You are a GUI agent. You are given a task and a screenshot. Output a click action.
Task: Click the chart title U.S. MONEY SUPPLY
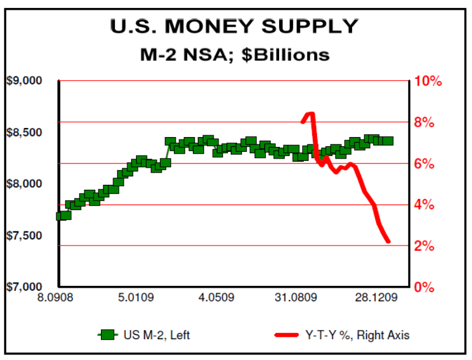233,26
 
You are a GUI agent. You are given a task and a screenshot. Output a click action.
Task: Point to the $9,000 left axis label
24,81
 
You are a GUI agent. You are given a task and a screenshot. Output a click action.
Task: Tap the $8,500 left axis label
24,133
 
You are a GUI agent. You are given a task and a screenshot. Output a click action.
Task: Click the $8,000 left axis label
24,184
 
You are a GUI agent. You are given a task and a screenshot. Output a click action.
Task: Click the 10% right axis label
428,81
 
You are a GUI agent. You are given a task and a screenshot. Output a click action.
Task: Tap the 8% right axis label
424,122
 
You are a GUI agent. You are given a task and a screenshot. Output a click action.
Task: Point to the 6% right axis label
424,164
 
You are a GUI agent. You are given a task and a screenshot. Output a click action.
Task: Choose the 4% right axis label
424,205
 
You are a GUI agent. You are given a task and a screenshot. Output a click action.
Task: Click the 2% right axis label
424,247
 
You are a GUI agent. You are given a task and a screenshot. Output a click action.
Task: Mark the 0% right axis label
424,287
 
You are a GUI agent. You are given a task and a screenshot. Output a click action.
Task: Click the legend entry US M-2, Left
148,335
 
